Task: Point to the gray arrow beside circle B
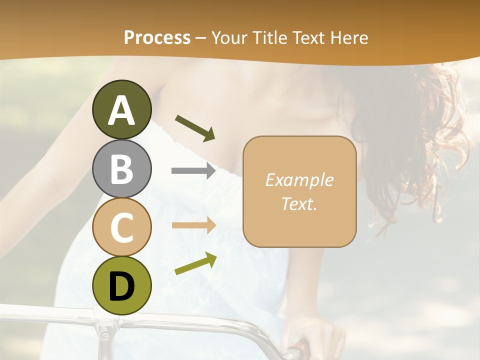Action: pyautogui.click(x=193, y=171)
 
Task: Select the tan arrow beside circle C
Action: pyautogui.click(x=193, y=225)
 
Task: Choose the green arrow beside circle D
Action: pyautogui.click(x=195, y=263)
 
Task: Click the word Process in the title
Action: pyautogui.click(x=157, y=37)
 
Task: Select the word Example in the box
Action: pyautogui.click(x=299, y=180)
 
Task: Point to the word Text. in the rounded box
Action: pyautogui.click(x=299, y=203)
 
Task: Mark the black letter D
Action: pyautogui.click(x=121, y=286)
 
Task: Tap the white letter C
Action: pyautogui.click(x=121, y=227)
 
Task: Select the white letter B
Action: pyautogui.click(x=121, y=169)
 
